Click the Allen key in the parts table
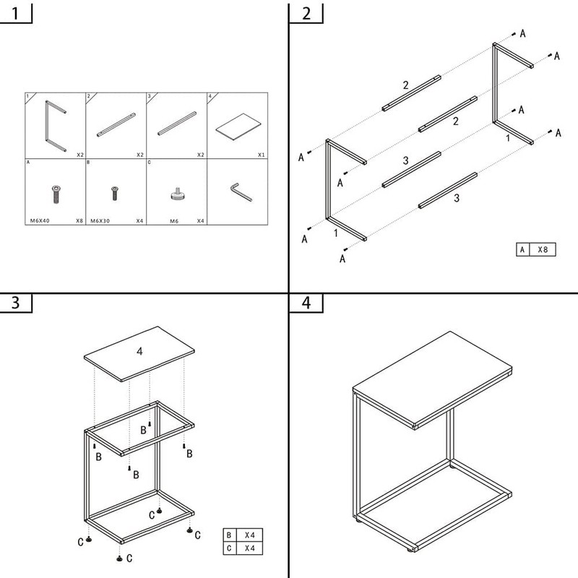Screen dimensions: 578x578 tap(239, 191)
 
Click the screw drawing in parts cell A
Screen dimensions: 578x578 tap(56, 193)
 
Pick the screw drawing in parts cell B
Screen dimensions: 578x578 tap(114, 193)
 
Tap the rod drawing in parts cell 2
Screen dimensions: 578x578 tap(116, 124)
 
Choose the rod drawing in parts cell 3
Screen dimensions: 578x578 tap(176, 124)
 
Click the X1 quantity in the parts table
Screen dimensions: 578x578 tap(259, 155)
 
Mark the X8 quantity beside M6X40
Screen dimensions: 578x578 tap(79, 220)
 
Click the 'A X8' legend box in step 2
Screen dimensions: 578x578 tap(537, 249)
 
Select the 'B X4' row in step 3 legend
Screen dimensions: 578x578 tap(243, 535)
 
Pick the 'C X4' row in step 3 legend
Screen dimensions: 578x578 tap(243, 548)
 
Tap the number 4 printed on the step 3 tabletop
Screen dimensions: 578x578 tap(140, 352)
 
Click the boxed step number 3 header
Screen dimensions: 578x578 tap(16, 303)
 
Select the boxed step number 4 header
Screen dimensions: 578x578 tap(306, 303)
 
